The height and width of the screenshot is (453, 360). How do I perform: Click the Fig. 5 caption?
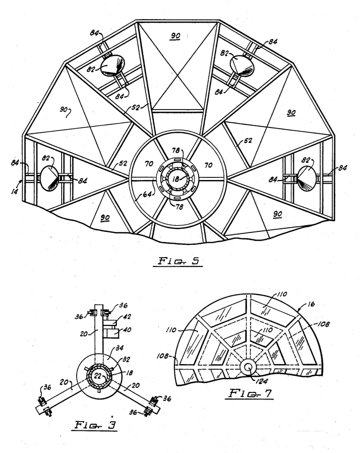(178, 261)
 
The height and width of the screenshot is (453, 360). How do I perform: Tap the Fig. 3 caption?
(95, 425)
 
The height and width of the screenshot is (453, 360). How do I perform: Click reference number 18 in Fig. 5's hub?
(175, 179)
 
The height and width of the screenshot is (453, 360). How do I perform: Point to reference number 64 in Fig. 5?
(148, 194)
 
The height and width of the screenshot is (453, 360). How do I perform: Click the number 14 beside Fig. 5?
(15, 191)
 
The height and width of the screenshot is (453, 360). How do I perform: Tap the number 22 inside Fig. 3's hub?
(98, 376)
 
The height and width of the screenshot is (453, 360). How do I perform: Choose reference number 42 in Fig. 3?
(127, 317)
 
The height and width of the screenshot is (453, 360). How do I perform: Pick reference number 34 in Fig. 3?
(119, 348)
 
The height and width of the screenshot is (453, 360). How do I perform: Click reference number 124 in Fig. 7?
(261, 382)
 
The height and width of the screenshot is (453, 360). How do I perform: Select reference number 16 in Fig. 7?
(311, 304)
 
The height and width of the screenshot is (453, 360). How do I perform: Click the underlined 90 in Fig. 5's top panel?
(175, 36)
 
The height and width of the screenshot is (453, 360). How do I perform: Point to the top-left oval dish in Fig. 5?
(113, 66)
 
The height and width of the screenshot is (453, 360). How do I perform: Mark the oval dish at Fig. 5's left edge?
(49, 178)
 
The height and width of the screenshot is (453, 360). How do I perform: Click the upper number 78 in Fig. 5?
(176, 150)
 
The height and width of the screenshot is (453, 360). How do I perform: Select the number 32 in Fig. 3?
(126, 359)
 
